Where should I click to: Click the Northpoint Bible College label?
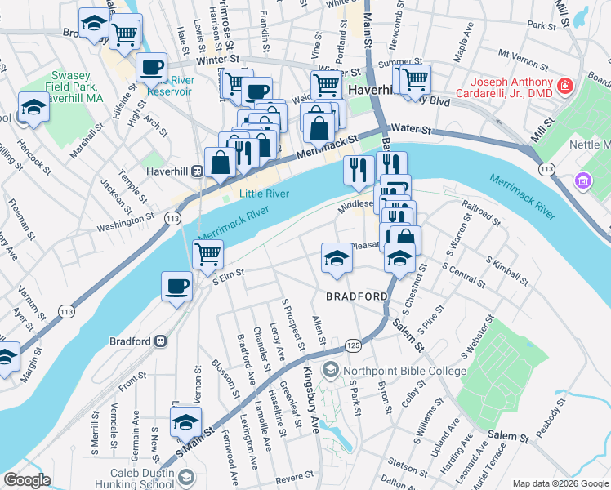coord(404,371)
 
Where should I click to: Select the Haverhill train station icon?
coord(196,171)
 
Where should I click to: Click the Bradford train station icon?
coord(161,341)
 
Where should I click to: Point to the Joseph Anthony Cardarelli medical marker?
coord(564,85)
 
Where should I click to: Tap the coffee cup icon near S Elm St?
coord(176,287)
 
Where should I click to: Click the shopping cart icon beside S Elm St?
coord(207,254)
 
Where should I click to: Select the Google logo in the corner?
coord(27,480)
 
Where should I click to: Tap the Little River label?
coord(265,194)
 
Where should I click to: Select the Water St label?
coord(410,129)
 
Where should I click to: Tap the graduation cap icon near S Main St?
coord(185,422)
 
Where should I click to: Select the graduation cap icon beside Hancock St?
coord(33,107)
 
